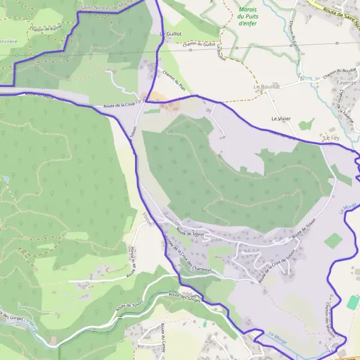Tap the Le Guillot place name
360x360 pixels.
[172, 35]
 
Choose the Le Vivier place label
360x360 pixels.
[281, 119]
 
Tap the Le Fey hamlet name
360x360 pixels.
[331, 138]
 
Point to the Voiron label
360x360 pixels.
[148, 220]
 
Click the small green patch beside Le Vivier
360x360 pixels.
[307, 125]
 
